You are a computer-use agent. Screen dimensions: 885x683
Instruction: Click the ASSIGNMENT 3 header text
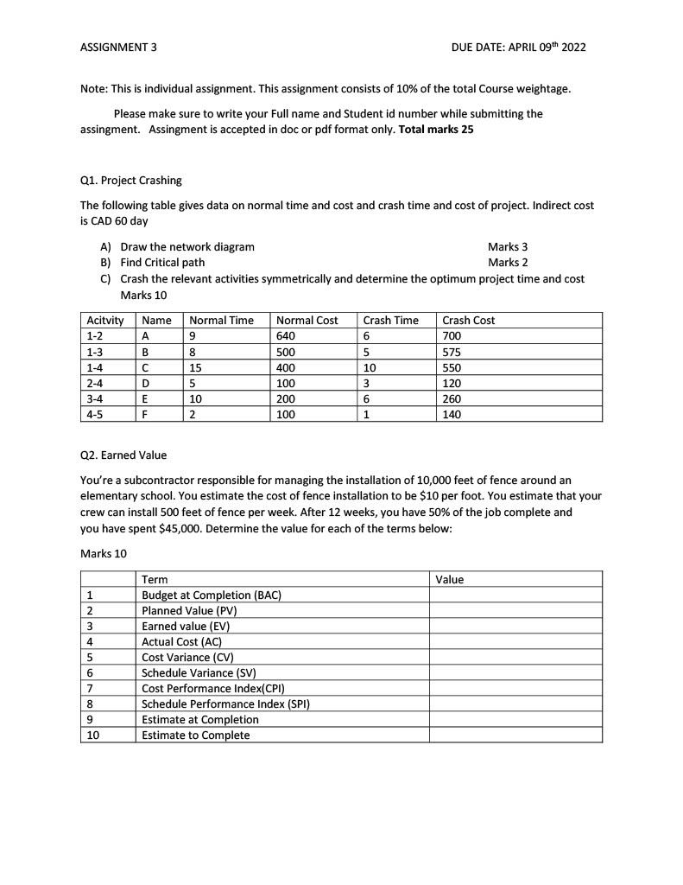pos(118,47)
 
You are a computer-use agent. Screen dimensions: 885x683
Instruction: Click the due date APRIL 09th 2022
pos(518,47)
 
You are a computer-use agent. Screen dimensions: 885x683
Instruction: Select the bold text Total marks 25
pos(436,130)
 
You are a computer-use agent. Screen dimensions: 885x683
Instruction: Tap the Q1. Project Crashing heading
pos(130,181)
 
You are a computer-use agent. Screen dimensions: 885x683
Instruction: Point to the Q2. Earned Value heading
pos(123,455)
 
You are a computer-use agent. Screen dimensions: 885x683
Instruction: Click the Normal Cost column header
pos(307,321)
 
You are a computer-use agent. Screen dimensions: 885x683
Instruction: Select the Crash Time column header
pos(390,321)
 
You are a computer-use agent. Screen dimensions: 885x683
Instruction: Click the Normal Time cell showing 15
pos(196,367)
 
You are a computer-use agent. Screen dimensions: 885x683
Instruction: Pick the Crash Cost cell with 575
pos(452,352)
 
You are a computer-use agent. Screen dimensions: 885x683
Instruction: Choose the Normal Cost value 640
pos(285,336)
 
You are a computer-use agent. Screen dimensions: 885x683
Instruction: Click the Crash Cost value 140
pos(452,414)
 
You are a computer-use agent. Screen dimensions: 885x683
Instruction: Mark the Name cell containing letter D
pos(145,383)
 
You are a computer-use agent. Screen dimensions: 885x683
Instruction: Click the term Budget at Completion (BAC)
pos(212,595)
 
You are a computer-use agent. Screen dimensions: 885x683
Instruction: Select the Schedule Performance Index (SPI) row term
pos(225,704)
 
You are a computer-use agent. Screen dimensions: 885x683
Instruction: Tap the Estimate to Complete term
pos(196,735)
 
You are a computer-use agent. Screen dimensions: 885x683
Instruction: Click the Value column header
pos(450,579)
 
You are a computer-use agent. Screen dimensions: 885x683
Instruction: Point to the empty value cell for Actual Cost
pos(515,641)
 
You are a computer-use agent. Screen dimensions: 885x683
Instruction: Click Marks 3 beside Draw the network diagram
pos(508,246)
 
